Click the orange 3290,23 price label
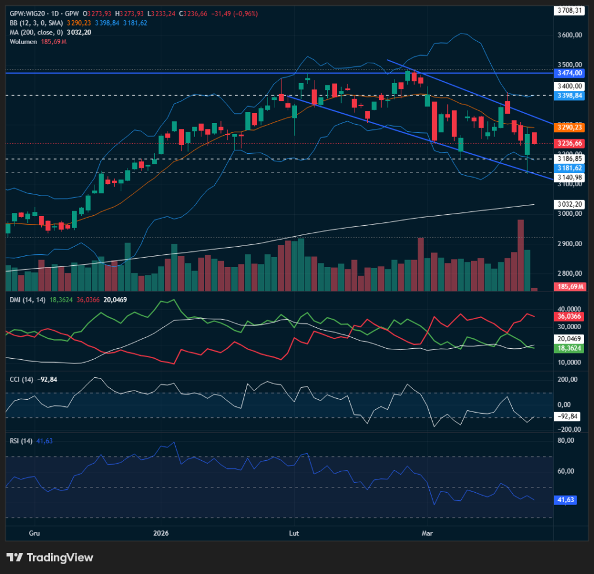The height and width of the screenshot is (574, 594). (x=569, y=127)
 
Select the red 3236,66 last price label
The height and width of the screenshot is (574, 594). (x=569, y=143)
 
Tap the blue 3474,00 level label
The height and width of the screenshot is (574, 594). (x=569, y=74)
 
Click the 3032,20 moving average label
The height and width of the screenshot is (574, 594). (x=569, y=204)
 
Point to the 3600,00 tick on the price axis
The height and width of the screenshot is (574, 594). (x=569, y=35)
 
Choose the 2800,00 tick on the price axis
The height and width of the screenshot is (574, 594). (x=569, y=273)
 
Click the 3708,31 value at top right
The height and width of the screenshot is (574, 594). (x=569, y=10)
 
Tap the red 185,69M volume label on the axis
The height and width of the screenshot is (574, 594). (x=569, y=287)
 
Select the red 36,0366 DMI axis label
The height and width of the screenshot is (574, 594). (x=569, y=316)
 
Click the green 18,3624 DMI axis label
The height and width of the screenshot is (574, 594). (x=569, y=348)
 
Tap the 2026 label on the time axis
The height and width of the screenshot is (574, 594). (x=161, y=532)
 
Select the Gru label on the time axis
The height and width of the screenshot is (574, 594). (x=34, y=532)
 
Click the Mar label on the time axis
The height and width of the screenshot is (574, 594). (x=428, y=532)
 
